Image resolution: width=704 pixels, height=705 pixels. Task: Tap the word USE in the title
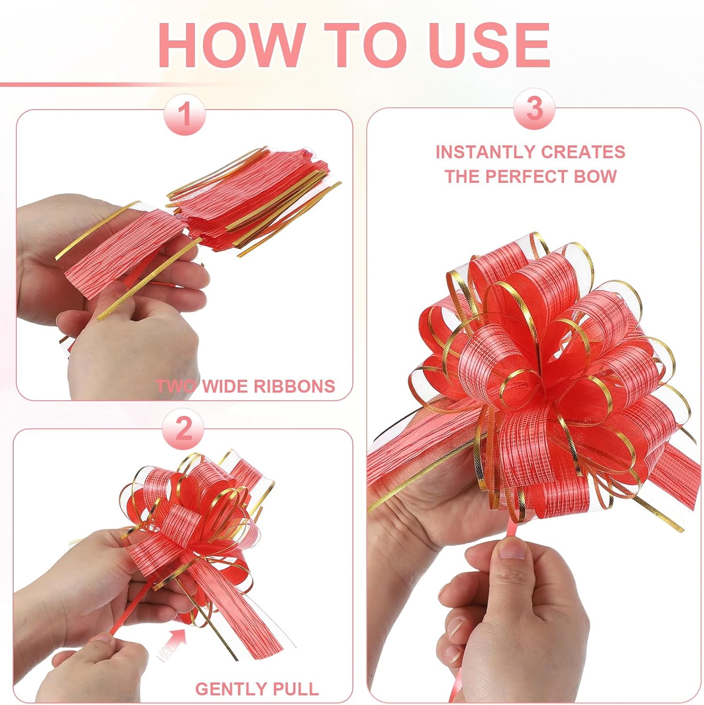click(x=489, y=45)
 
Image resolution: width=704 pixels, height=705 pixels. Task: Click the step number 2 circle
click(x=183, y=428)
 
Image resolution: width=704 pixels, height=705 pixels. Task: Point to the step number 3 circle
click(x=534, y=109)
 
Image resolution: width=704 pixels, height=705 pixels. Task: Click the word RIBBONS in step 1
click(x=294, y=386)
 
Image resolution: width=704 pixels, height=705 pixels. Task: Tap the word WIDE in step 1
click(x=225, y=386)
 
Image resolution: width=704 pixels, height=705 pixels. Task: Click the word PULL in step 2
click(x=297, y=689)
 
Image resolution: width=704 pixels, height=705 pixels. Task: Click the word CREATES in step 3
click(x=583, y=152)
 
